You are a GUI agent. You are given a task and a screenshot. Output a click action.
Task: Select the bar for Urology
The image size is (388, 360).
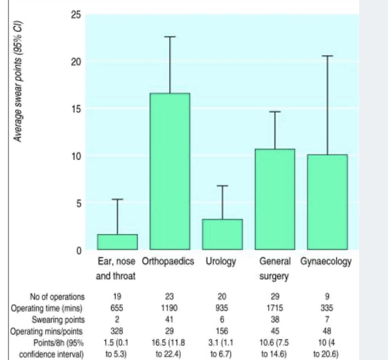222,235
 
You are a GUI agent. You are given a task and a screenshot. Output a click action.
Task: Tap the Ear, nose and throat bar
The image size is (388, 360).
117,242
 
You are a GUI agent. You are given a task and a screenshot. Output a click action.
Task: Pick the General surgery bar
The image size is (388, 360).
275,199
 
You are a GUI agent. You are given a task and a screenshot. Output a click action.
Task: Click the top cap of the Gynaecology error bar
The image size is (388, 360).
327,56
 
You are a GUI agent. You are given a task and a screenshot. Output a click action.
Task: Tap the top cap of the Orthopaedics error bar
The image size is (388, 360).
170,37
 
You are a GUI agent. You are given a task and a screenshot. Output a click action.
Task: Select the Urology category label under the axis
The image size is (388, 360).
221,261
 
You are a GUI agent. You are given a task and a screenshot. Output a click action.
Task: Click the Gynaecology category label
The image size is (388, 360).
326,262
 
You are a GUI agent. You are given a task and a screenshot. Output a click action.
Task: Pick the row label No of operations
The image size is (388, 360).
57,297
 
